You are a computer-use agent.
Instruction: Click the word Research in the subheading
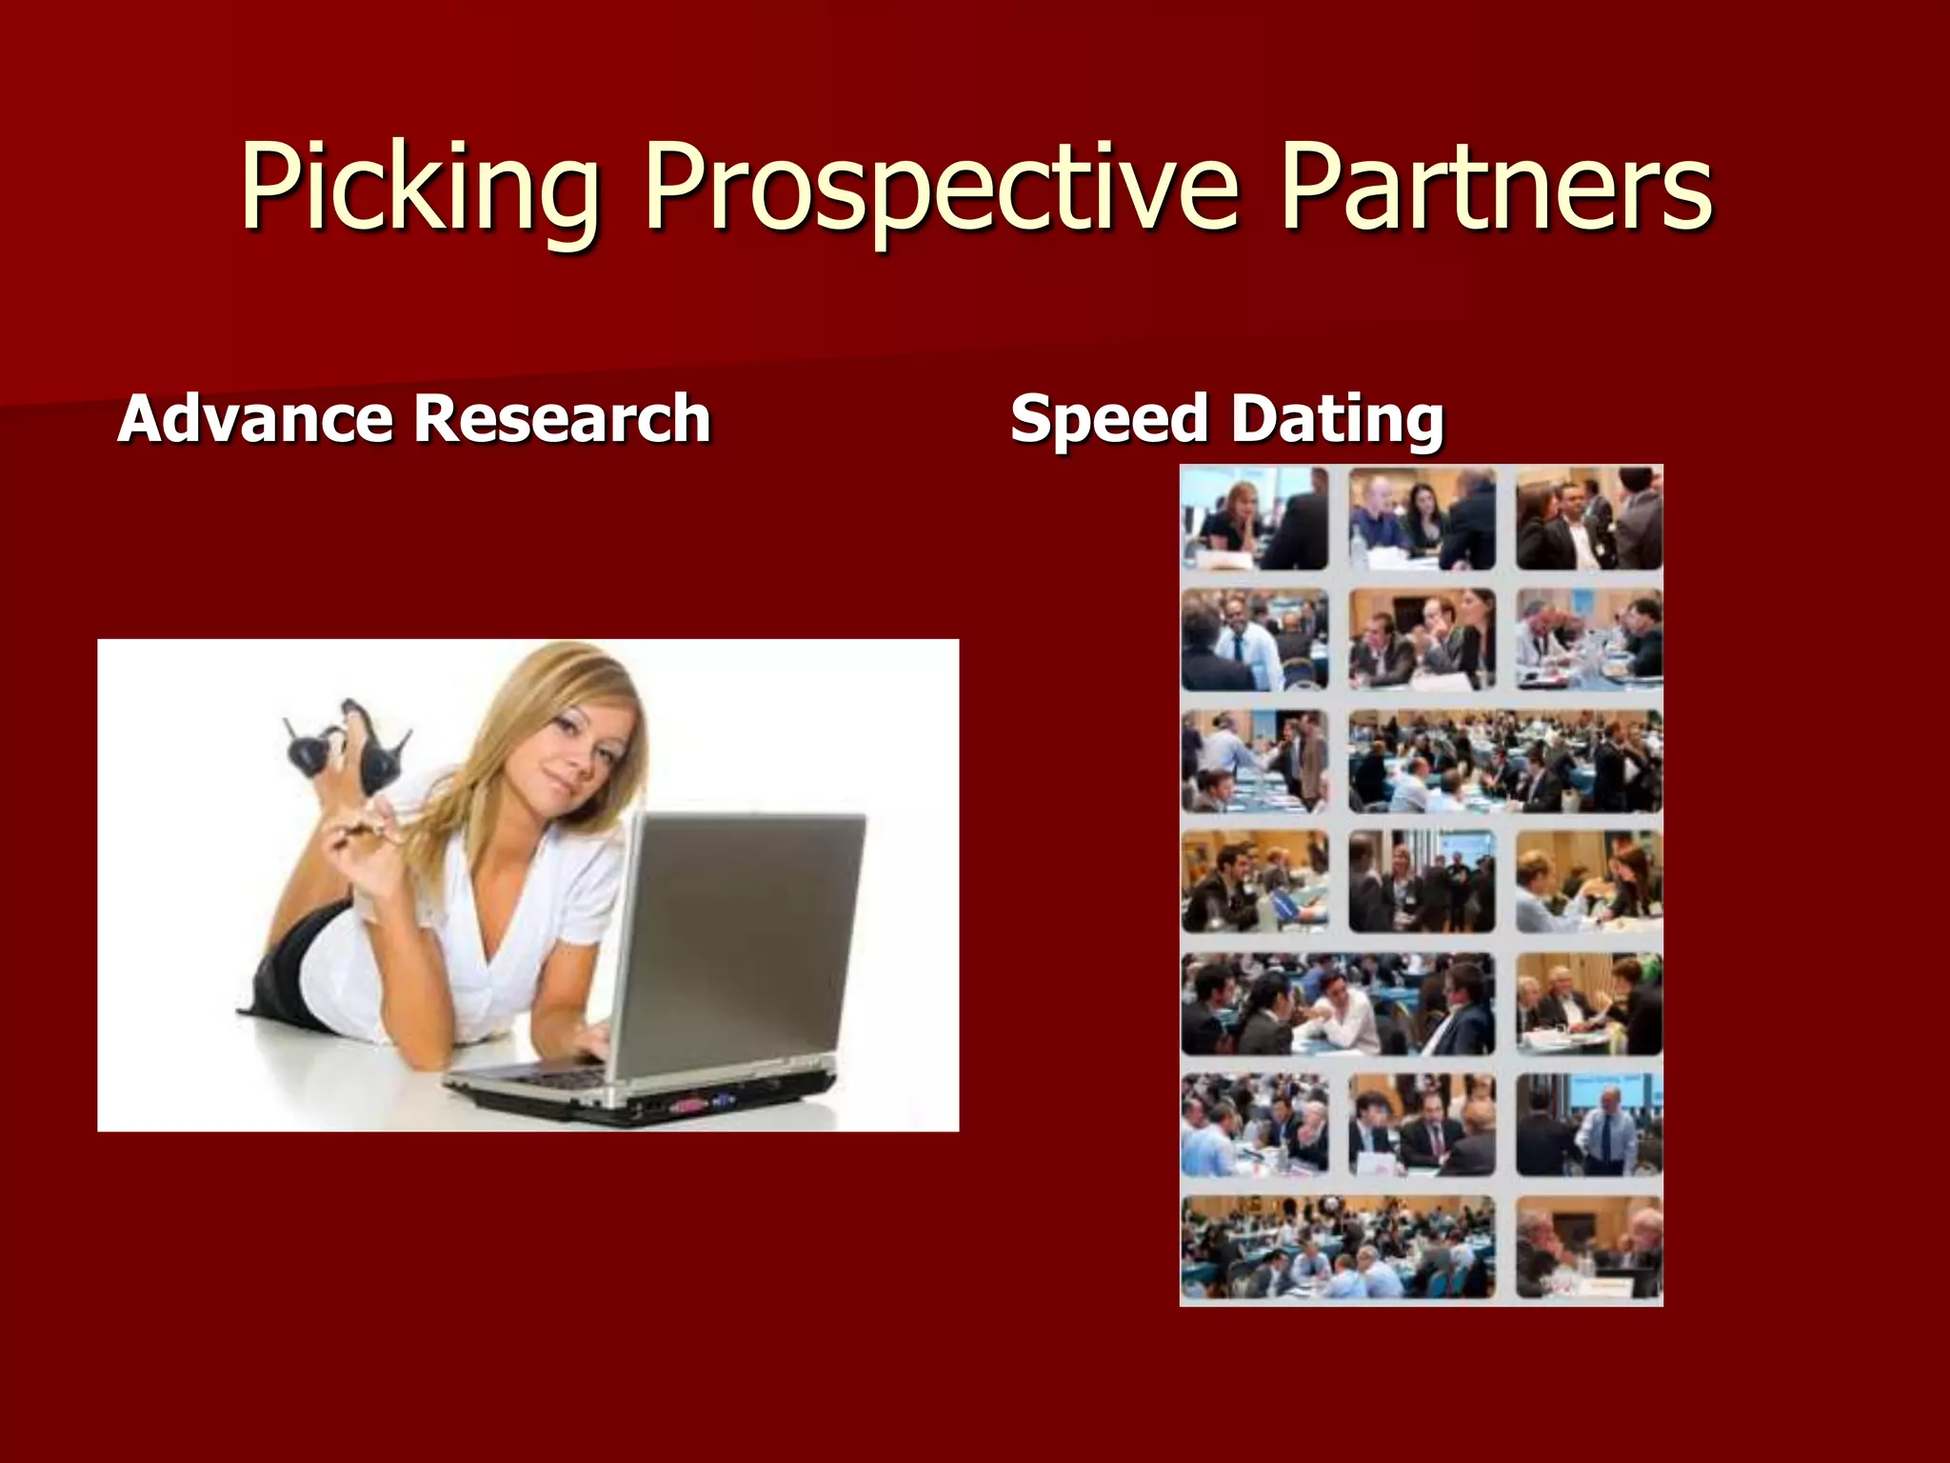[x=562, y=419]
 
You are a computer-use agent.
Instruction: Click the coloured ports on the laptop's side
[x=700, y=1107]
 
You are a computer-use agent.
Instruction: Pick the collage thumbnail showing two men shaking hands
[x=1254, y=760]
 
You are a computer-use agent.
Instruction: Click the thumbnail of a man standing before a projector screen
[x=1588, y=1124]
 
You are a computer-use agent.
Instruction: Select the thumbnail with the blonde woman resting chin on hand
[x=1254, y=518]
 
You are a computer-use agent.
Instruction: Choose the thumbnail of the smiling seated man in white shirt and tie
[x=1254, y=639]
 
